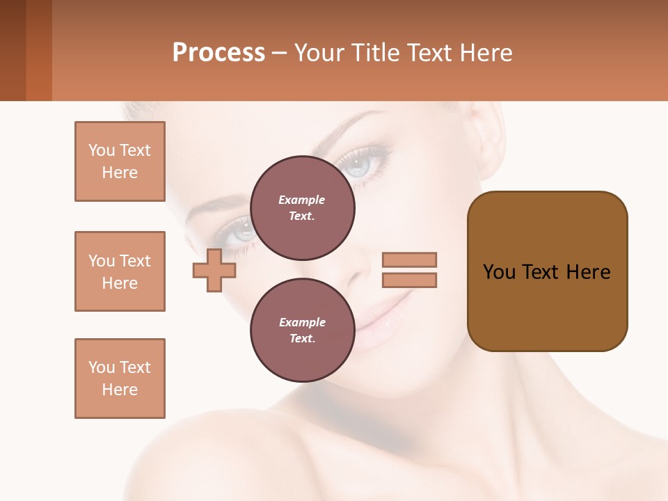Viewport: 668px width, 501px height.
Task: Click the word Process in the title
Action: [218, 53]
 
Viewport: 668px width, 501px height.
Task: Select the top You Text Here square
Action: [120, 161]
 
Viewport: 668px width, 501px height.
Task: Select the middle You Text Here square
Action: [120, 271]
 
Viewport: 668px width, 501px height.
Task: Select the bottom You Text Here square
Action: [120, 379]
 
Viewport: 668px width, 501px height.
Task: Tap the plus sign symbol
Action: [214, 270]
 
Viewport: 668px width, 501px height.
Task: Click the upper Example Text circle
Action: [302, 207]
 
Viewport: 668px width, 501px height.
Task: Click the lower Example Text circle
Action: [302, 330]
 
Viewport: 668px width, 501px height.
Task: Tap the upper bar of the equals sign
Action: [409, 260]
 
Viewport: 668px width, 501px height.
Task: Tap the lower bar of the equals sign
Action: [409, 280]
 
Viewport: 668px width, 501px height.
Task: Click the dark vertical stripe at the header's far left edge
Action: [13, 50]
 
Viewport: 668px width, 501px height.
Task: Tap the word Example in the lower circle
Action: [302, 322]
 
